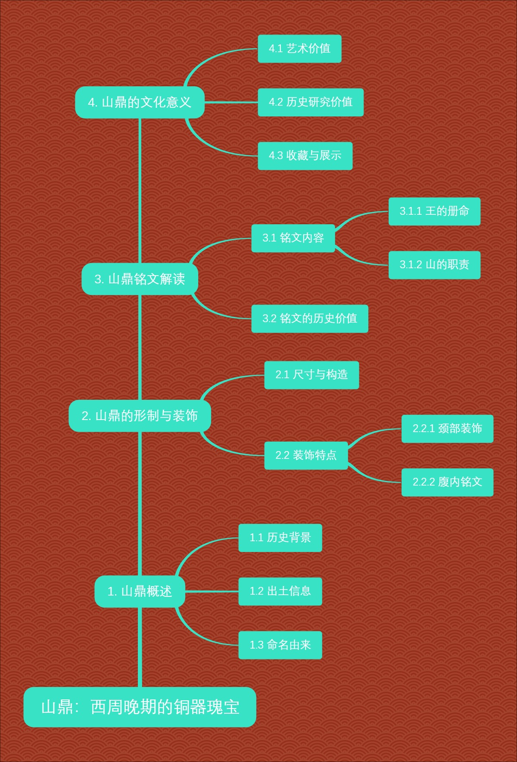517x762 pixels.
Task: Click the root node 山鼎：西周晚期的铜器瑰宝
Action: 140,707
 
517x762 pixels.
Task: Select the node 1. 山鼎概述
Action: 140,591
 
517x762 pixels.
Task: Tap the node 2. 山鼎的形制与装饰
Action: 140,416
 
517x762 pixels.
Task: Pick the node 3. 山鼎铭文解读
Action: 140,279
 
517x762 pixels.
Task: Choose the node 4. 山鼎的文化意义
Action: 140,102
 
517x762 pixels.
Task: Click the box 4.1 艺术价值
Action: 299,49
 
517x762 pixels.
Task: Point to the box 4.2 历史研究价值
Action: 310,102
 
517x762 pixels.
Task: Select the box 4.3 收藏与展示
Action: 305,156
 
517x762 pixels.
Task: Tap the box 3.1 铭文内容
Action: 293,238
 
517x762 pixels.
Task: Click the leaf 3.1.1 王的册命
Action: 434,211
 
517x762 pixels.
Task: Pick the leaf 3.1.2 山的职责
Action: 434,265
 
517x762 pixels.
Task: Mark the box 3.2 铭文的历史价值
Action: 309,319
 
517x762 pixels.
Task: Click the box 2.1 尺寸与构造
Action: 311,375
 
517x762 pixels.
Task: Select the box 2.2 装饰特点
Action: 306,455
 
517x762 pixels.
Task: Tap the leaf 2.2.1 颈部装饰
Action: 447,429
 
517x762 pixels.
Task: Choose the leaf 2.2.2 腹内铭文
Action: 447,482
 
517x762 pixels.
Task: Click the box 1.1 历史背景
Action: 280,538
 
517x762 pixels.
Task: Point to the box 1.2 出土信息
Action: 280,591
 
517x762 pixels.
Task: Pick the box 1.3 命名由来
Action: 280,645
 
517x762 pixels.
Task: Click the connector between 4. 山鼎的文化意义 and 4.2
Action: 231,103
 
